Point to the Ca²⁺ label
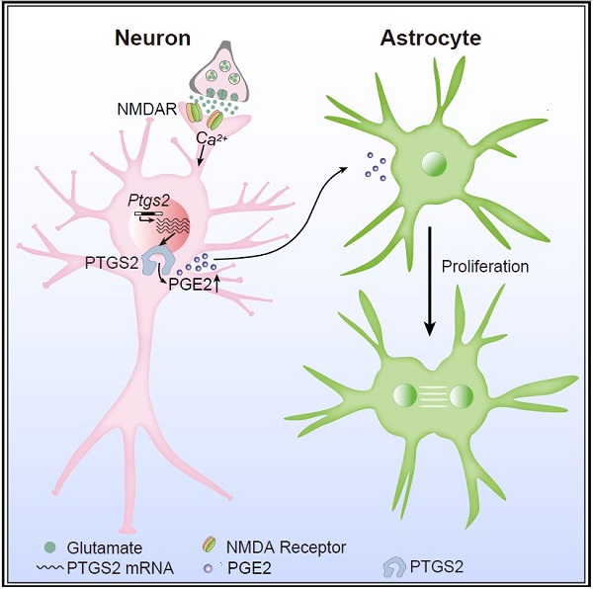206,141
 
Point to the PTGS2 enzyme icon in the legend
392,566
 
